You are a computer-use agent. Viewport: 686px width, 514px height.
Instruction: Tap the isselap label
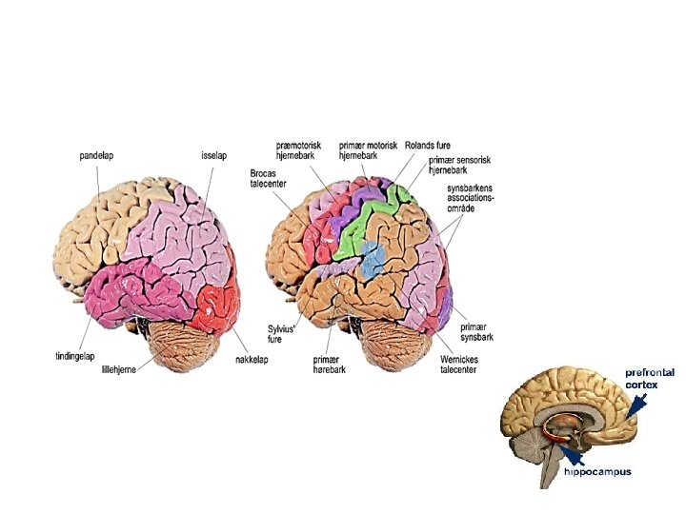[213, 155]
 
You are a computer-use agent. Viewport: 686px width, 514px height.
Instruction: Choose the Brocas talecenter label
[269, 178]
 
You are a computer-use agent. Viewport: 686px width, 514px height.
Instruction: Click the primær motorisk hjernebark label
[368, 150]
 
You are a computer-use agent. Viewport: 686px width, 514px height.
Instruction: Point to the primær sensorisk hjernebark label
[456, 167]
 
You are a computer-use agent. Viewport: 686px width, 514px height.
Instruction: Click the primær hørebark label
[326, 366]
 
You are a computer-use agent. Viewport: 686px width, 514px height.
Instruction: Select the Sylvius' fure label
[281, 333]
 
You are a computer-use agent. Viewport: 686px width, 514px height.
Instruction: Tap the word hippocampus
[597, 471]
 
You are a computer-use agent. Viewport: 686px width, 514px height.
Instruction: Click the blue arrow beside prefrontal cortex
[636, 404]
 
